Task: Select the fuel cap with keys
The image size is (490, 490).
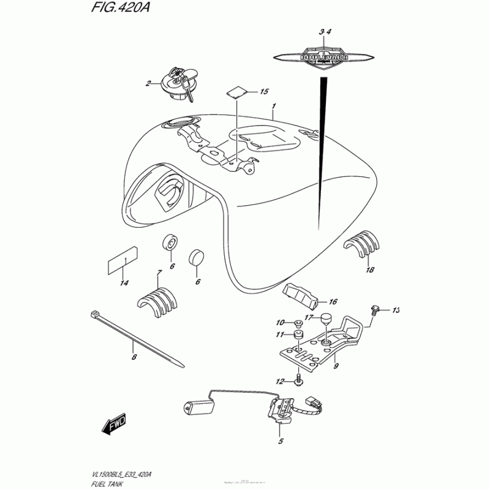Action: point(177,85)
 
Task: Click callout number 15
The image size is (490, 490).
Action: point(264,92)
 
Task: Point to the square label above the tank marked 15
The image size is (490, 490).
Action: point(238,91)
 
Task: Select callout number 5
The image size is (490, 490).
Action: point(281,442)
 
